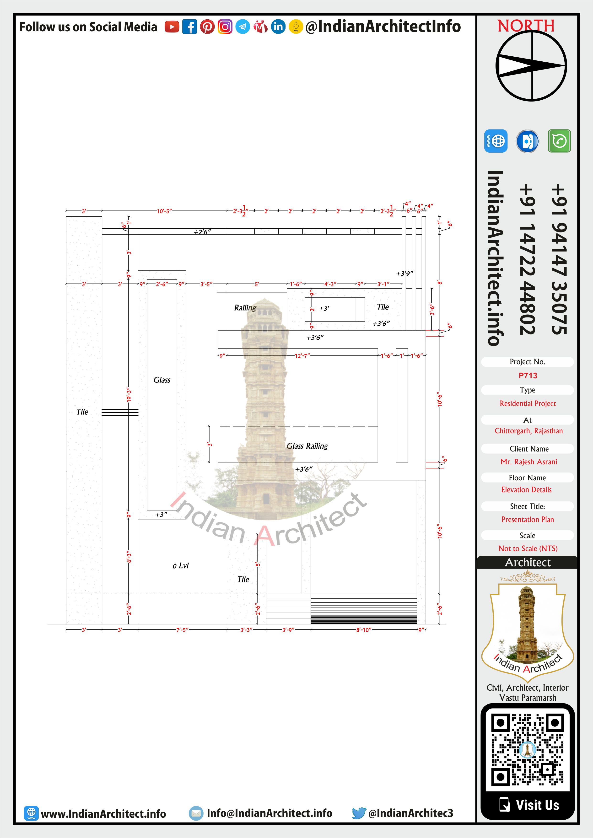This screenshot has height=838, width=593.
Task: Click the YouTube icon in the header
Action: coord(172,27)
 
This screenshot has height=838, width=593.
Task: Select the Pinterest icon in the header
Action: coord(207,27)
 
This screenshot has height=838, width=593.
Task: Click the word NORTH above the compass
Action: coord(526,26)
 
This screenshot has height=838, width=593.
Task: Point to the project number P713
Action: coord(528,376)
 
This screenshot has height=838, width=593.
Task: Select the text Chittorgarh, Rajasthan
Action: coord(528,431)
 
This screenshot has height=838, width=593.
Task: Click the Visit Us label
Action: coord(537,805)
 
